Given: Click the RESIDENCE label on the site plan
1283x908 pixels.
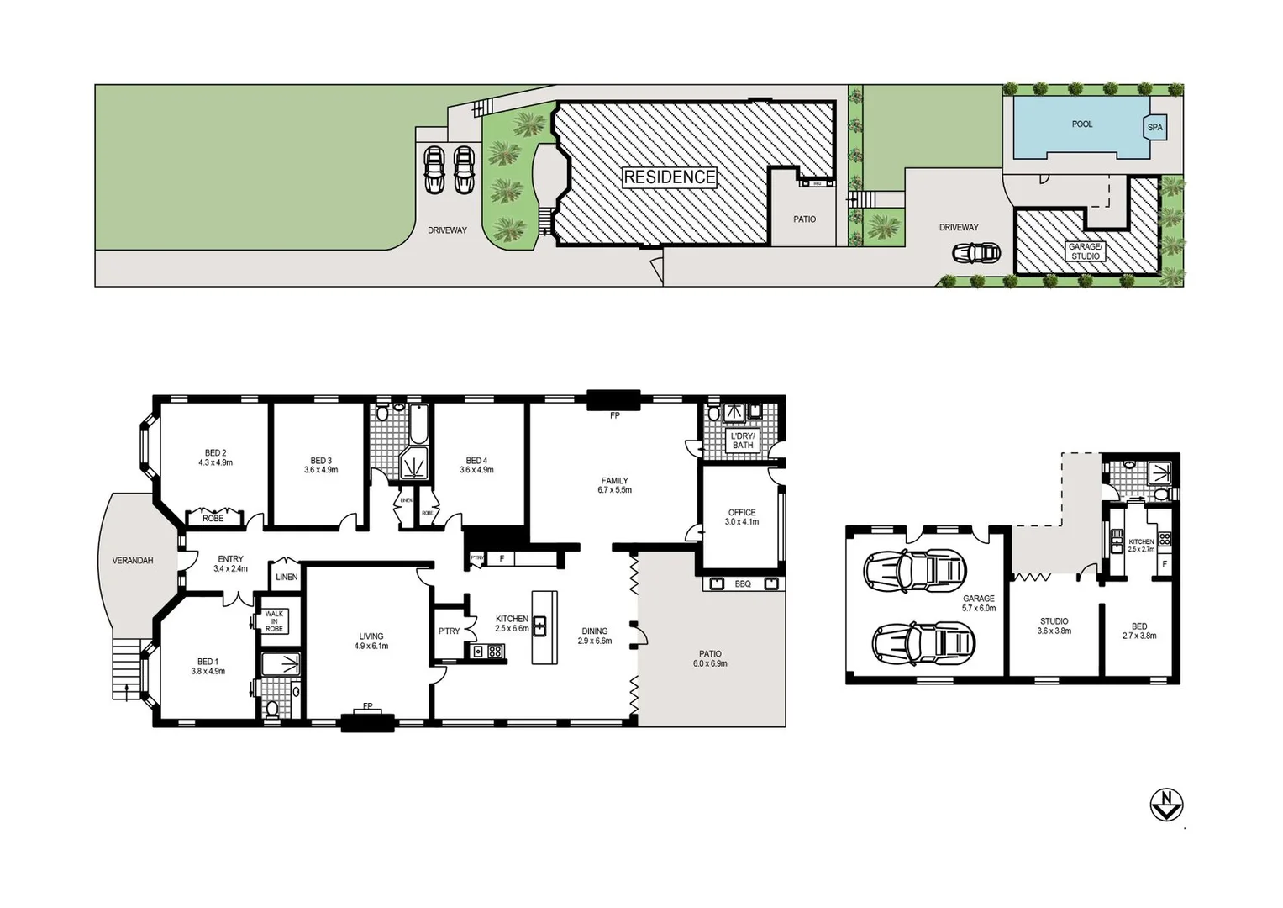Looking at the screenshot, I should click(x=669, y=177).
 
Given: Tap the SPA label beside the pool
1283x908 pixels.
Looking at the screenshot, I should click(x=1155, y=128).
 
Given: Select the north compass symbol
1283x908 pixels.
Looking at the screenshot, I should click(x=1166, y=804).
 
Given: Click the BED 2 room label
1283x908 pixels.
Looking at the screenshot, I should click(x=215, y=458).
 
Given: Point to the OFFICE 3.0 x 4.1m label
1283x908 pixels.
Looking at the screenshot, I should click(x=741, y=517).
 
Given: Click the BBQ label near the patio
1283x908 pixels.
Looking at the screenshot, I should click(x=743, y=583).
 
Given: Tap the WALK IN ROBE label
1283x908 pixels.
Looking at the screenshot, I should click(x=274, y=621).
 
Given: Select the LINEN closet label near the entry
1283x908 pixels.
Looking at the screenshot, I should click(x=286, y=577).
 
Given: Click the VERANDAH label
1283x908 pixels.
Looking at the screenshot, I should click(x=133, y=561).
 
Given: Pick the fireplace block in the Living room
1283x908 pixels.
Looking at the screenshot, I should click(x=367, y=721).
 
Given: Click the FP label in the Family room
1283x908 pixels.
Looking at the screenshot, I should click(x=615, y=415).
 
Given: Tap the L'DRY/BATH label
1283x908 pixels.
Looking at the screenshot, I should click(x=743, y=441).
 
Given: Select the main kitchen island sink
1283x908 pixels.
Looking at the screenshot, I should click(x=539, y=626).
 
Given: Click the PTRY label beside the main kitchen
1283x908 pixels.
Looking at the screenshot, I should click(x=449, y=631).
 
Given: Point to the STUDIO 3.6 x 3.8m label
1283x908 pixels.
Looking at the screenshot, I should click(x=1054, y=626).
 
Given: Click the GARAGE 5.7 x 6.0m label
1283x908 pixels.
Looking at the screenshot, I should click(x=979, y=603).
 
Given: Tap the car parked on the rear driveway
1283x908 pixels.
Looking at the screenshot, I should click(x=975, y=252).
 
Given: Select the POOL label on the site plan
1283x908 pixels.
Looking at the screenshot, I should click(x=1082, y=124).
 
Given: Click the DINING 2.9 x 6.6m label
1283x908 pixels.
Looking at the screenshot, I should click(x=594, y=636).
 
